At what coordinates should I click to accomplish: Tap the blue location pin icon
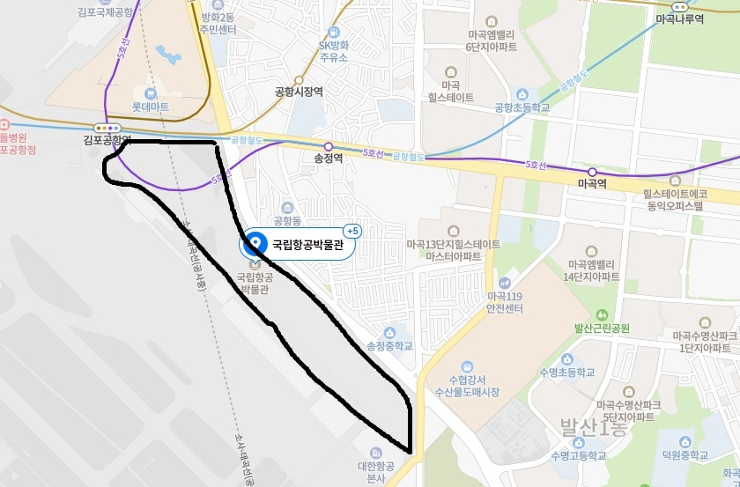[x=255, y=243]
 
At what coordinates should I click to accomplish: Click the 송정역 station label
[x=327, y=160]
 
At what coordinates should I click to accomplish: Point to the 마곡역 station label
[x=592, y=183]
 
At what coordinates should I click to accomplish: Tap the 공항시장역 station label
[x=300, y=90]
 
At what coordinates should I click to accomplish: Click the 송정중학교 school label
[x=388, y=346]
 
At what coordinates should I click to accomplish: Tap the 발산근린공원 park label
[x=603, y=328]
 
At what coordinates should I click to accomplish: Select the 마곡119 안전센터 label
[x=504, y=302]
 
